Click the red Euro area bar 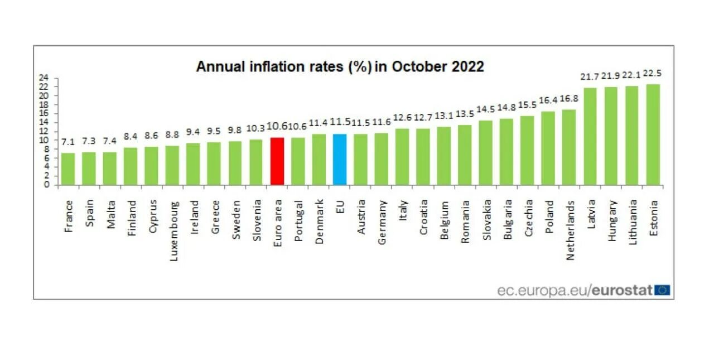277,161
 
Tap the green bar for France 68,169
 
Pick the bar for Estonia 653,134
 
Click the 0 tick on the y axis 47,185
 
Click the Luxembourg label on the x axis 173,224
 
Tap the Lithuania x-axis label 632,222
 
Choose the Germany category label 382,222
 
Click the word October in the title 417,66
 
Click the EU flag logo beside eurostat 663,290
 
